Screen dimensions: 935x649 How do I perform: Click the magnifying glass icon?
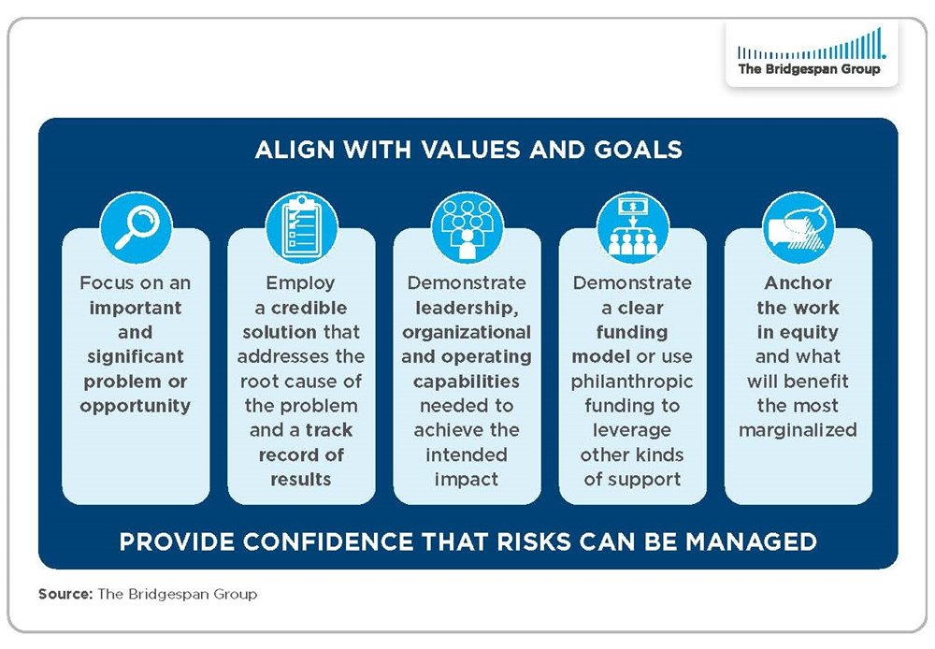136,227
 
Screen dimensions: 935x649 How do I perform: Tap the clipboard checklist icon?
301,227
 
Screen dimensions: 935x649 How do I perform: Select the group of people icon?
467,227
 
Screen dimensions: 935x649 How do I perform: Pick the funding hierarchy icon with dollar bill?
633,227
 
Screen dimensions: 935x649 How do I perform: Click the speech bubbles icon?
798,227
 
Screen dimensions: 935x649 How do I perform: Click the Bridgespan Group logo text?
809,69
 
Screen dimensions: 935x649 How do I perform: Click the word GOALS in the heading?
638,150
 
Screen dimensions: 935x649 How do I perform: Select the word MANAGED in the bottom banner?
751,542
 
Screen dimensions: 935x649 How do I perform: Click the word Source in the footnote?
65,594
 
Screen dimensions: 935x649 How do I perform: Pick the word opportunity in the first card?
136,406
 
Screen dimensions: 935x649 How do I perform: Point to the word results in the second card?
301,480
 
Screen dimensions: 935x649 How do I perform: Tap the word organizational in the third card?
467,333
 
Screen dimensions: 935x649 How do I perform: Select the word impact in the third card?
467,480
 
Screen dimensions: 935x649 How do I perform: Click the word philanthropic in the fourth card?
632,382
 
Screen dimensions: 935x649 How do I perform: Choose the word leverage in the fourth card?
632,431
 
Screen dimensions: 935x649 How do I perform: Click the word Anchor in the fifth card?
798,282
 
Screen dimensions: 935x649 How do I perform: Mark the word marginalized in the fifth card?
798,431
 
